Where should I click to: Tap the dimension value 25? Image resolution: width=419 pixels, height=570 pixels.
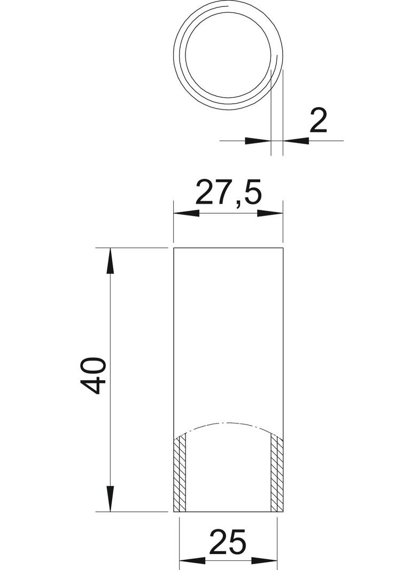pyautogui.click(x=228, y=542)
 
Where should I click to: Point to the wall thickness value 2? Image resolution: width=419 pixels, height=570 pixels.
pyautogui.click(x=318, y=121)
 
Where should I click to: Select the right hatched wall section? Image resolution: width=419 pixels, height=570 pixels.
pyautogui.click(x=276, y=473)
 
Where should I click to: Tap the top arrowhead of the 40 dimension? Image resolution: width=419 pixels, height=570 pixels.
pyautogui.click(x=110, y=260)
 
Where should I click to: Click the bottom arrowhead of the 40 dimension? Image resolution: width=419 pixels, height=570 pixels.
pyautogui.click(x=110, y=499)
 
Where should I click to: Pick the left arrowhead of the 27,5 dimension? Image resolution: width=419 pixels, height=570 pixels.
pyautogui.click(x=187, y=213)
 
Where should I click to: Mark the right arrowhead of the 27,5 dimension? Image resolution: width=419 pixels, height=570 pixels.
pyautogui.click(x=271, y=213)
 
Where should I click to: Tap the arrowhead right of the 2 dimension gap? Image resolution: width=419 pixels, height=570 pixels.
pyautogui.click(x=296, y=141)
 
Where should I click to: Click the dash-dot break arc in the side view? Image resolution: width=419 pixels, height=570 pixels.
pyautogui.click(x=229, y=423)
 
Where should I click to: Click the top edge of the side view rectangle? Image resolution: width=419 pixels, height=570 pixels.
pyautogui.click(x=229, y=249)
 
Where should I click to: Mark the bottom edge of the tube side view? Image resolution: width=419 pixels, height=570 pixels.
pyautogui.click(x=229, y=512)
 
